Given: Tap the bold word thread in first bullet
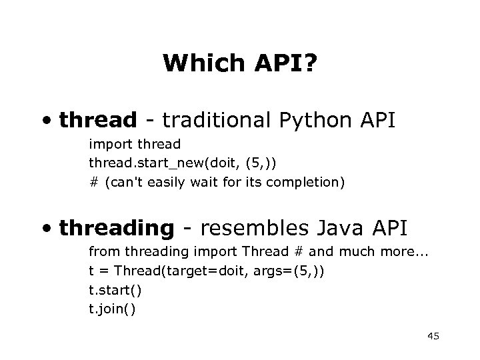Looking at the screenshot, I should (x=97, y=121).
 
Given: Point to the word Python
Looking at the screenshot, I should (x=313, y=121).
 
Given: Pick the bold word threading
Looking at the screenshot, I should (x=116, y=229).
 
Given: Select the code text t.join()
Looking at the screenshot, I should (x=112, y=309).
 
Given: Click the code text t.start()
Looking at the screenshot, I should (x=115, y=291).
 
